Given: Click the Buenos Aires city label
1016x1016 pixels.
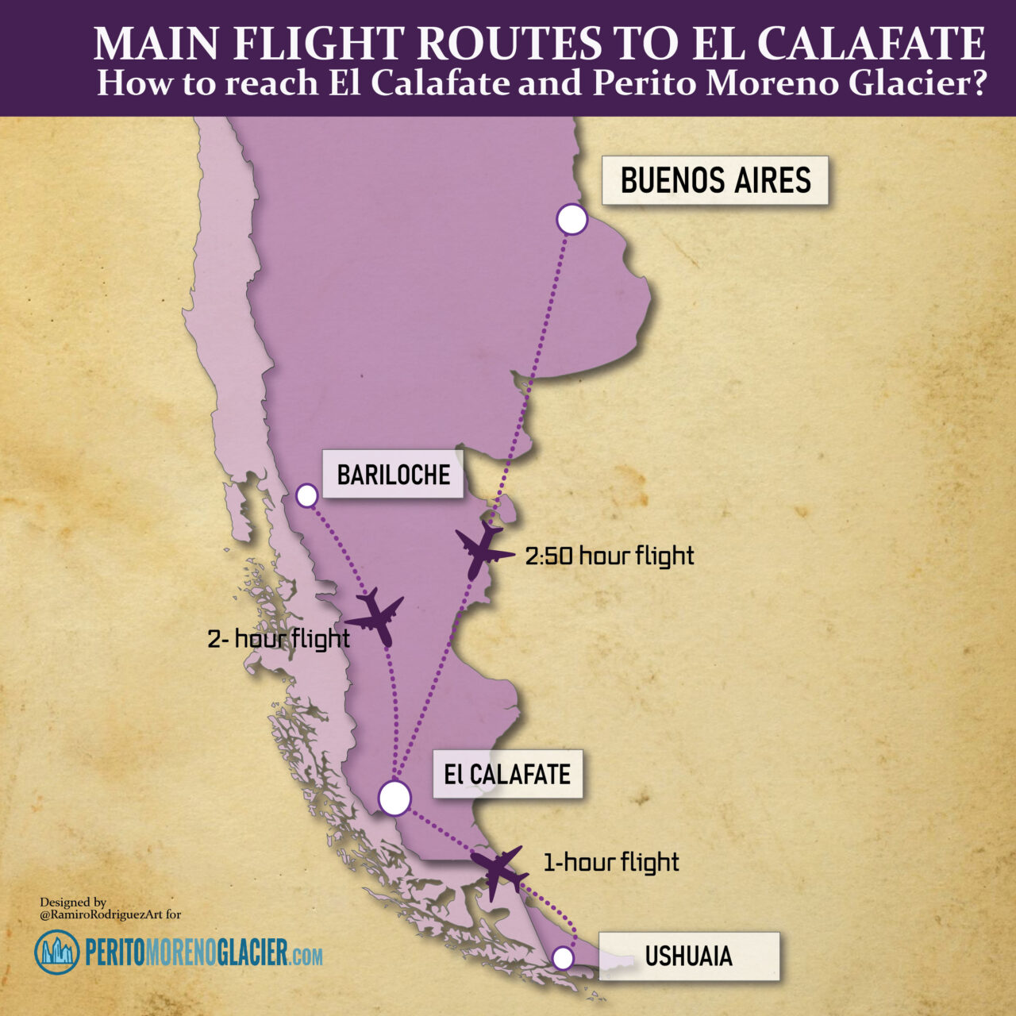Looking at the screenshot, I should pos(715,181).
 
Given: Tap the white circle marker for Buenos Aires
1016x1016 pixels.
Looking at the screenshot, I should pos(571,219).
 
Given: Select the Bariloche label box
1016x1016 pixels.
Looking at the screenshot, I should pos(393,475).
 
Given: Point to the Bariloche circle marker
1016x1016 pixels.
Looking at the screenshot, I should pos(306,496).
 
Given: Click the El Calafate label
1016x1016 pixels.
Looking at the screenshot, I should pos(507,774).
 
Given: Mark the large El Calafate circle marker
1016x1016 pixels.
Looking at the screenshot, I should pos(394,798).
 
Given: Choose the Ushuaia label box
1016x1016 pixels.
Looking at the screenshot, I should pos(688,956).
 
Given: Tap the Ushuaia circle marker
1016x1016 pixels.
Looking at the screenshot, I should pos(563,958).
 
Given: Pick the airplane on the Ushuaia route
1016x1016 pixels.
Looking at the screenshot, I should pos(498,871).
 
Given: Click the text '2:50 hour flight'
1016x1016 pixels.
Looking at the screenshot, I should pos(610,556).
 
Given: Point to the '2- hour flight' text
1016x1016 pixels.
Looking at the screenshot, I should pos(279,638).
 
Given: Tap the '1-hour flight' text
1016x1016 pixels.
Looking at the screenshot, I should pos(611,862).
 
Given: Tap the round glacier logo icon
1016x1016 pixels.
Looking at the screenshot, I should pos(57,952).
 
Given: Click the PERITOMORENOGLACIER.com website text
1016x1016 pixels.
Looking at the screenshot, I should pos(204,952).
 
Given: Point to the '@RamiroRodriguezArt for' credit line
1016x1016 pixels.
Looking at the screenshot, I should pos(110,914).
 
